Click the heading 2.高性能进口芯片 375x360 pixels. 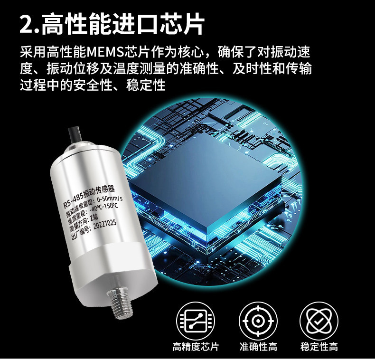click(x=112, y=24)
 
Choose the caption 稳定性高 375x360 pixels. click(x=319, y=347)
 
